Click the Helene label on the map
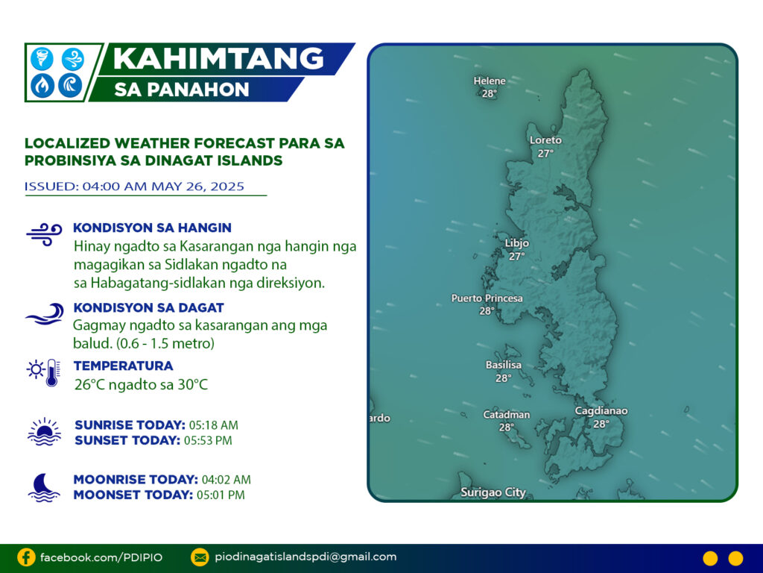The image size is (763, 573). [490, 81]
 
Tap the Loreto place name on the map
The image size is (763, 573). [545, 140]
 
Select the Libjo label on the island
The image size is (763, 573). [517, 242]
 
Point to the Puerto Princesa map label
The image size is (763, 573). [487, 298]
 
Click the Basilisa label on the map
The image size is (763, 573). [503, 364]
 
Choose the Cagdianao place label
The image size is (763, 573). [601, 411]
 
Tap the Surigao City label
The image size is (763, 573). [493, 492]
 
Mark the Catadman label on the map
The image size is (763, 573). [506, 415]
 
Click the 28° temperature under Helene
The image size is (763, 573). [489, 93]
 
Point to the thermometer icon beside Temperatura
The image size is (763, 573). [52, 373]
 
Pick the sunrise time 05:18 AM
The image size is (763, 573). [214, 425]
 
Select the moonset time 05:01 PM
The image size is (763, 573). [221, 495]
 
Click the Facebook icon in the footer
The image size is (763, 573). [26, 557]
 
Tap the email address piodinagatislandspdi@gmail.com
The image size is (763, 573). [305, 557]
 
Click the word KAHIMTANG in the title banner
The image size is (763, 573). [218, 58]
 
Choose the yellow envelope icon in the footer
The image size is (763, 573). [200, 557]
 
